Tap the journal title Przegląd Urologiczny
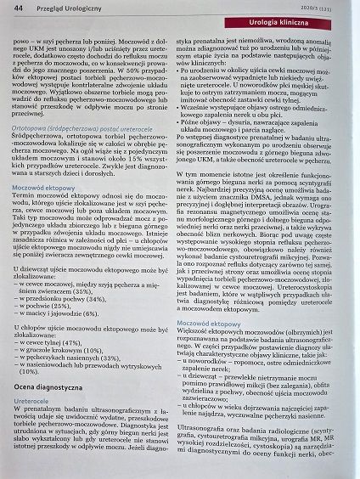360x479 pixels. point(67,8)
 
